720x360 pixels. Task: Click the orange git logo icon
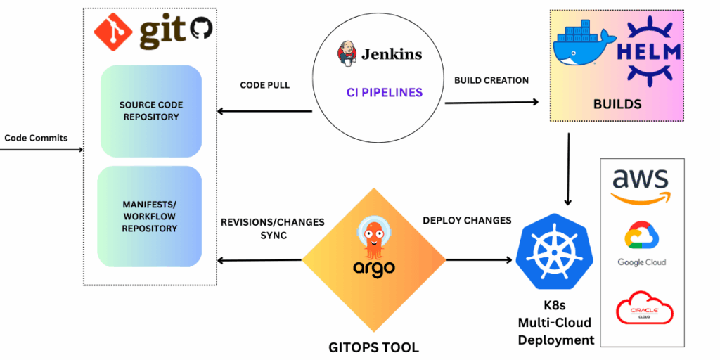(x=112, y=31)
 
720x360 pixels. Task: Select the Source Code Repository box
(x=150, y=110)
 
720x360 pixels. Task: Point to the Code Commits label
(x=36, y=138)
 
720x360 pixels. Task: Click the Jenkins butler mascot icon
(x=345, y=54)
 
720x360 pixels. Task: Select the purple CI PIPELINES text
(x=385, y=92)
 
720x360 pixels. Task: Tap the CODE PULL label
(x=265, y=85)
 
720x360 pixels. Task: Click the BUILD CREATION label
(x=491, y=80)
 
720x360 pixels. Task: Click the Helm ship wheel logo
(x=652, y=49)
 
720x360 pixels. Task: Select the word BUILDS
(x=617, y=104)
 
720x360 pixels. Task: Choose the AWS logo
(x=641, y=185)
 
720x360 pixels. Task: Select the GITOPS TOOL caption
(x=373, y=347)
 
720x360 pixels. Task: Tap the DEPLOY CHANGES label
(x=467, y=220)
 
